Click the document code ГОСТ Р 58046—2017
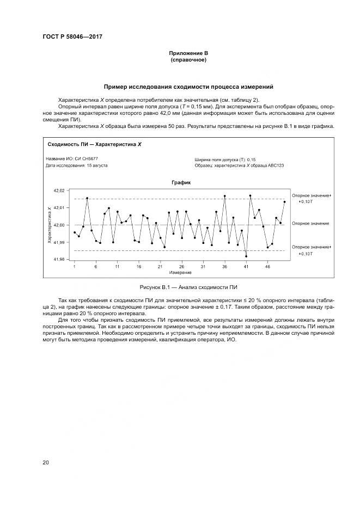pyautogui.click(x=72, y=37)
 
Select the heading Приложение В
pyautogui.click(x=188, y=53)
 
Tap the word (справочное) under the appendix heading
pyautogui.click(x=188, y=59)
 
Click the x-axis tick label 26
pyautogui.click(x=181, y=267)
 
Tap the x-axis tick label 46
pyautogui.click(x=267, y=267)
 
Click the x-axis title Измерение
pyautogui.click(x=180, y=272)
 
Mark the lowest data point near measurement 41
pyautogui.click(x=246, y=256)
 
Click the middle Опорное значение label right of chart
pyautogui.click(x=310, y=223)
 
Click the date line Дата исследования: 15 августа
pyautogui.click(x=77, y=165)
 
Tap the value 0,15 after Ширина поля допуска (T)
pyautogui.click(x=252, y=159)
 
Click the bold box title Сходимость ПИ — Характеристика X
pyautogui.click(x=94, y=145)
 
